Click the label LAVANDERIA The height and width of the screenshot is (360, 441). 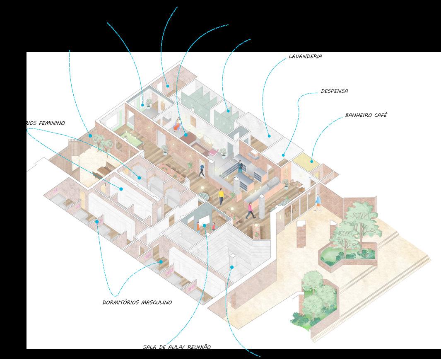coord(305,56)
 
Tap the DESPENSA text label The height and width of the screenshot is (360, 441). coord(334,91)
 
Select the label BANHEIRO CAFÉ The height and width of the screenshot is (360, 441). coord(366,115)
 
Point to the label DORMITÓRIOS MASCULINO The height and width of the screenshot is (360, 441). coord(137,302)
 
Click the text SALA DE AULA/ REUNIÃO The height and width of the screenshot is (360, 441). coord(177,347)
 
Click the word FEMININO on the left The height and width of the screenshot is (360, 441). coord(53,123)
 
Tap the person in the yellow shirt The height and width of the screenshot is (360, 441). coord(221,196)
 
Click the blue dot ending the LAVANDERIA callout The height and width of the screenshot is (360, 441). coord(269,136)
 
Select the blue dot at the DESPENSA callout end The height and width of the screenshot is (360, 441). coord(284,155)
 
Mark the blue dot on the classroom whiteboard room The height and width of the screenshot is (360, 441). coord(204,226)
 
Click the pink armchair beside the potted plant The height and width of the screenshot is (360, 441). coord(213,152)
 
